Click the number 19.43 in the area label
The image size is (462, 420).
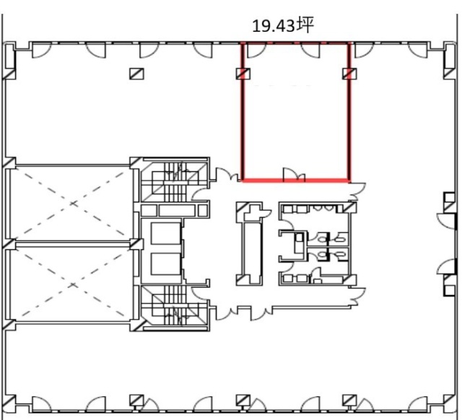pyautogui.click(x=274, y=26)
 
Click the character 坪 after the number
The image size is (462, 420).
pyautogui.click(x=305, y=25)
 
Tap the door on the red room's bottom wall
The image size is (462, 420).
pyautogui.click(x=294, y=174)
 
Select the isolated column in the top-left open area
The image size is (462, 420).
pyautogui.click(x=136, y=74)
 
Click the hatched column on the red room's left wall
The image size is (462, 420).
pyautogui.click(x=243, y=74)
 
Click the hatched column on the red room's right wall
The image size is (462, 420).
pyautogui.click(x=349, y=74)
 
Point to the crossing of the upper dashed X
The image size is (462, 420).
pyautogui.click(x=73, y=203)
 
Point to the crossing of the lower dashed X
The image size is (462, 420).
pyautogui.click(x=73, y=285)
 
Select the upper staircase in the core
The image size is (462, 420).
pyautogui.click(x=175, y=181)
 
